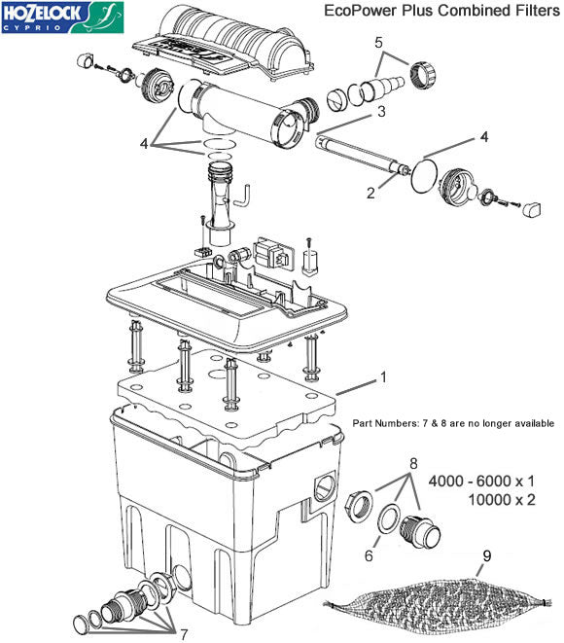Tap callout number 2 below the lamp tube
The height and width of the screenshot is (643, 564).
(371, 193)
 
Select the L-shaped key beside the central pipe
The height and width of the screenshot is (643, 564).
(246, 195)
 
